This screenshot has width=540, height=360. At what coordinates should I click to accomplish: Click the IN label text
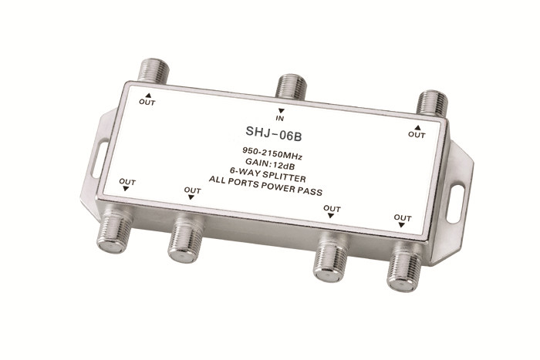tap(282, 119)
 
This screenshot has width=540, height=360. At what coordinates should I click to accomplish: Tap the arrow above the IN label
tap(282, 111)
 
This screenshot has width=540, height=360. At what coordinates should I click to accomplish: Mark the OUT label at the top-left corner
tap(147, 102)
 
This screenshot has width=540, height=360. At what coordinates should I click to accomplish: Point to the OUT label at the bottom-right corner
tap(403, 218)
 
